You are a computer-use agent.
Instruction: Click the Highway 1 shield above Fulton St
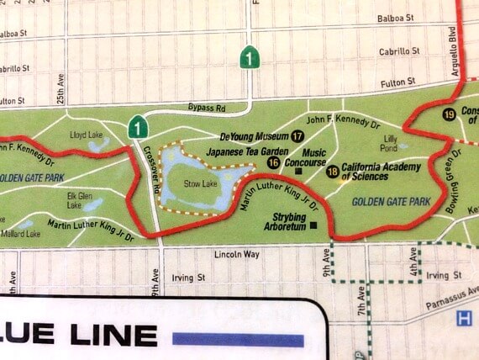coord(250,57)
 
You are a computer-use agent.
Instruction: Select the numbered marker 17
coord(298,136)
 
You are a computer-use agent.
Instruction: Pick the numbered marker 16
coord(273,161)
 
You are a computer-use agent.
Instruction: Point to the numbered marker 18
coord(333,172)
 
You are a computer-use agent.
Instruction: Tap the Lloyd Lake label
coord(85,134)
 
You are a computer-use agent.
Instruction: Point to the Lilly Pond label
coord(390,142)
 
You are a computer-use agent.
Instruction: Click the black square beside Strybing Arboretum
coord(313,225)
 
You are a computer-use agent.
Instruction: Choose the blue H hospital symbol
coord(463,318)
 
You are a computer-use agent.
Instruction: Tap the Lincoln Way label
coord(233,254)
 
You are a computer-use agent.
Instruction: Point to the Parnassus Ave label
coord(451,295)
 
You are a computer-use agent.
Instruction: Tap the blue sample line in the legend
coord(238,339)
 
